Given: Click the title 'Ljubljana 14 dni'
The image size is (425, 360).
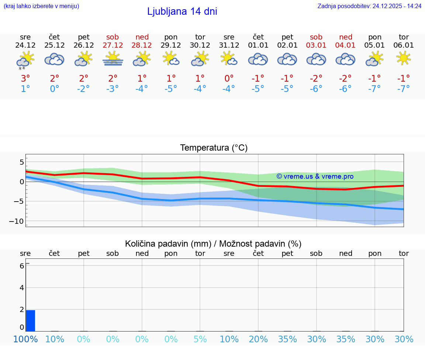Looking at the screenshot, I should click(182, 11).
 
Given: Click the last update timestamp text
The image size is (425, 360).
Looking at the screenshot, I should click(369, 6).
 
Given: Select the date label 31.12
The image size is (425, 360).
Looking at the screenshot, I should click(229, 45).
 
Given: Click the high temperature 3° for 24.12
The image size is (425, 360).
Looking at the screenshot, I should click(25, 78).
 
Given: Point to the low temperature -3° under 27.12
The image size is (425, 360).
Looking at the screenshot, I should click(113, 89).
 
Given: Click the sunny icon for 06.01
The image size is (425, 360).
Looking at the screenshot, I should click(404, 58).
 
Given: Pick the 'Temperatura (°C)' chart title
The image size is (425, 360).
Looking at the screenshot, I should click(214, 148).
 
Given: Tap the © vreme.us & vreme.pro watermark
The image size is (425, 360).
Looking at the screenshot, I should click(315, 176).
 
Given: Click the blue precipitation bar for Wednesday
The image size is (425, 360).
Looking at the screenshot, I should click(31, 320).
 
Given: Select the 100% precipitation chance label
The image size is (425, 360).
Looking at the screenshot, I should click(25, 339).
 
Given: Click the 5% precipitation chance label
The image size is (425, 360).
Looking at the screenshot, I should click(200, 339).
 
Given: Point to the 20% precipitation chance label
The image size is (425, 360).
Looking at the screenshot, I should click(258, 339).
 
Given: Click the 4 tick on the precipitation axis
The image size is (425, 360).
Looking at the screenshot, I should click(22, 288).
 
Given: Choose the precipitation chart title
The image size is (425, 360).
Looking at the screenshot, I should click(213, 244).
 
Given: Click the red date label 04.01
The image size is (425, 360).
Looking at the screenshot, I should click(345, 45).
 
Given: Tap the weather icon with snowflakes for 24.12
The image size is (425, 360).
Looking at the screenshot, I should click(25, 60).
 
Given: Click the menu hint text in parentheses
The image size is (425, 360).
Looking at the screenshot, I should click(41, 6).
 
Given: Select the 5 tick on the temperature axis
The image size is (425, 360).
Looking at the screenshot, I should click(22, 162).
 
